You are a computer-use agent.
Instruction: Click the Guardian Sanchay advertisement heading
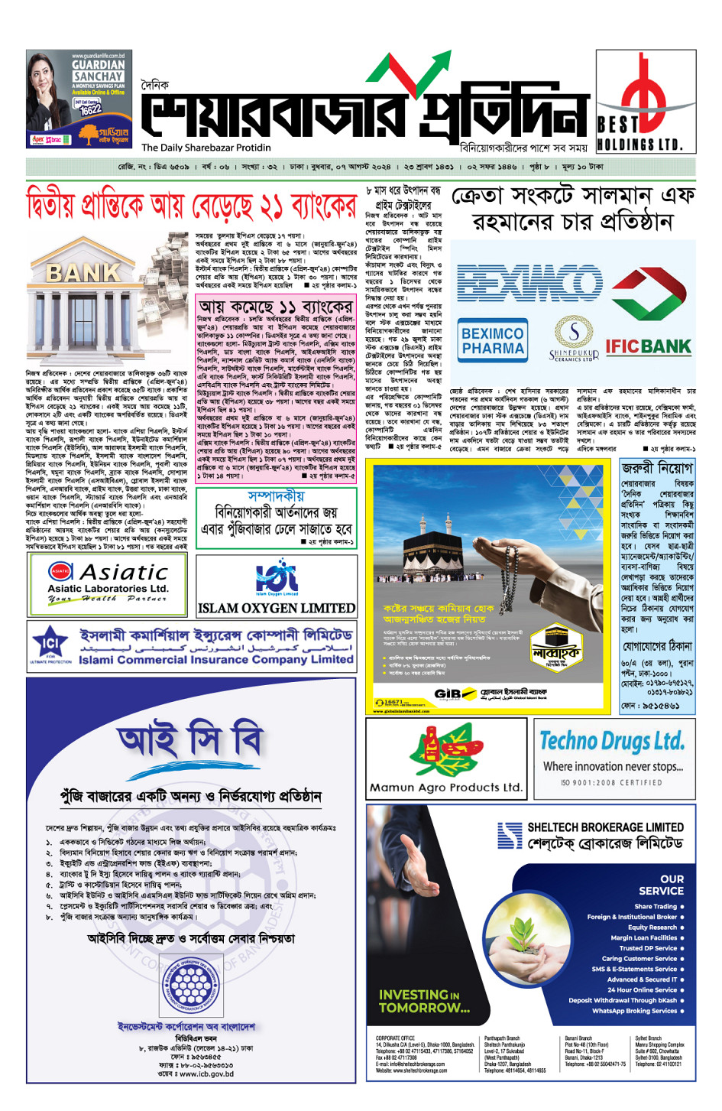pyautogui.click(x=98, y=70)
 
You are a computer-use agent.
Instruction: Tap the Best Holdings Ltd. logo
pyautogui.click(x=646, y=101)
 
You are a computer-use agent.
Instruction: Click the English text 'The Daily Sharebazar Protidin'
pyautogui.click(x=206, y=148)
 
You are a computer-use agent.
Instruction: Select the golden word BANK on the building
pyautogui.click(x=83, y=273)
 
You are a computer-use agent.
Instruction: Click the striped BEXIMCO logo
pyautogui.click(x=529, y=281)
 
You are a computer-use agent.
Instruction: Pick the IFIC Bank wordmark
pyautogui.click(x=648, y=346)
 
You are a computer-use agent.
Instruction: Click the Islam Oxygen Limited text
pyautogui.click(x=276, y=609)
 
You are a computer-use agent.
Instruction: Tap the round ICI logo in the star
pyautogui.click(x=50, y=643)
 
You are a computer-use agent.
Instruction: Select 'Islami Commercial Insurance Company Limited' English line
pyautogui.click(x=215, y=660)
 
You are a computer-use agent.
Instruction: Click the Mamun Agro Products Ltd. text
pyautogui.click(x=446, y=787)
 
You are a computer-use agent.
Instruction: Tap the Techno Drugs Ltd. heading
pyautogui.click(x=612, y=741)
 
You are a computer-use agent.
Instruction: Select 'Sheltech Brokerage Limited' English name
pyautogui.click(x=605, y=827)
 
